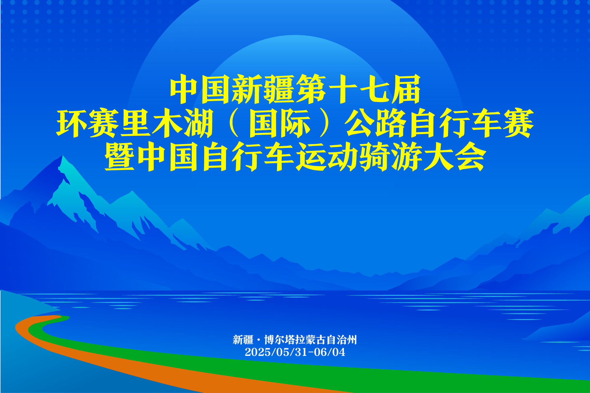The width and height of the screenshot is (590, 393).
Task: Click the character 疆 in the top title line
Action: (x=279, y=89)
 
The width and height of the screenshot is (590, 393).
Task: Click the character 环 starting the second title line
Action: (x=72, y=123)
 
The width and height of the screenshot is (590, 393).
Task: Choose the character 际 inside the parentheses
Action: (x=295, y=123)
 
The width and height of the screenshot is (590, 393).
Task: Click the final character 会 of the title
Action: (x=470, y=156)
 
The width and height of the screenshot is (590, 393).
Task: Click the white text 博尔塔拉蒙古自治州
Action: (x=310, y=340)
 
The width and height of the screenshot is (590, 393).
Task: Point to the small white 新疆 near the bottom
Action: (x=243, y=340)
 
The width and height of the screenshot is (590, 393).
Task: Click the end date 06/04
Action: (x=330, y=352)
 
